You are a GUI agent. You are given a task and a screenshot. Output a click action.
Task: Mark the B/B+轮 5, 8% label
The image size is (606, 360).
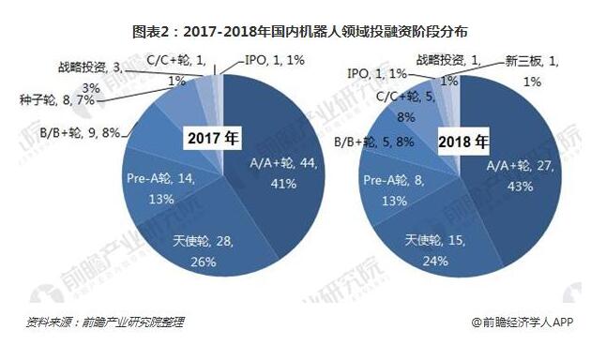[371, 143]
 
